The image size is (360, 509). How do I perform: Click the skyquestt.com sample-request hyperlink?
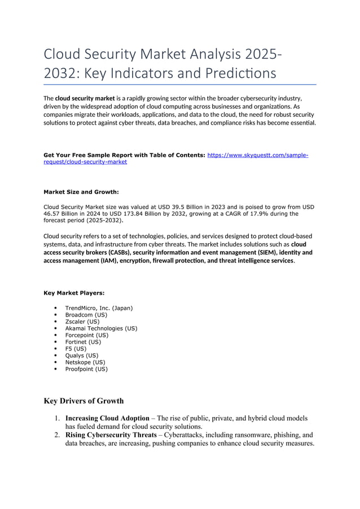coord(257,155)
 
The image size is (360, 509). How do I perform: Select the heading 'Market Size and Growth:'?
coord(81,192)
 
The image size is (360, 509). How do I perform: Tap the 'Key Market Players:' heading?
coord(73,293)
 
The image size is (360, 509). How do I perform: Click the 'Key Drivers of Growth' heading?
coord(84,401)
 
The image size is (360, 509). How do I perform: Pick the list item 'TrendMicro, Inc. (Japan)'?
coord(99,308)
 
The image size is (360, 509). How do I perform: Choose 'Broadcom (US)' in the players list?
coord(86,315)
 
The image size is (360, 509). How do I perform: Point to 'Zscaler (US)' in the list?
coord(82,322)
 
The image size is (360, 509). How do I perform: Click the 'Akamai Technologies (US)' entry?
coord(101,328)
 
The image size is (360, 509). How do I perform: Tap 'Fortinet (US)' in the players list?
coord(83,342)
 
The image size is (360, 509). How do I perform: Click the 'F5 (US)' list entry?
coord(76,349)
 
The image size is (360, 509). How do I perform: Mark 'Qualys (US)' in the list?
coord(81,356)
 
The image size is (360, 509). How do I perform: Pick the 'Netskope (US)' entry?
coord(85,362)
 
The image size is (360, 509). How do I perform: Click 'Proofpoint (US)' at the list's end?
coord(86,369)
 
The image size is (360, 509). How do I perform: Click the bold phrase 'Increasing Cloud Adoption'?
coord(107,419)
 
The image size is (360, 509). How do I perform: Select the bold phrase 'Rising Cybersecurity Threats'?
coord(111,435)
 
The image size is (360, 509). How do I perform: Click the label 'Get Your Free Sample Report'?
coord(90,155)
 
